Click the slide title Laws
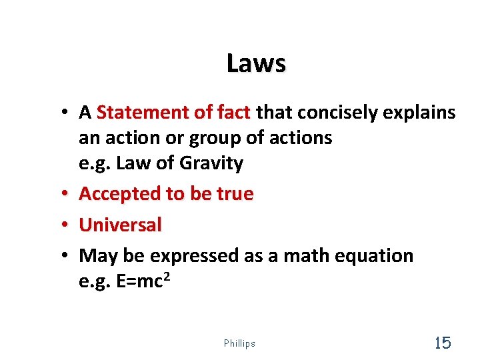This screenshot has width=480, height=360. point(256,64)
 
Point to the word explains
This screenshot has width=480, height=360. point(420,113)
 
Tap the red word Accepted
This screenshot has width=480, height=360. point(120,194)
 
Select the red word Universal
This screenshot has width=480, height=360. point(120,225)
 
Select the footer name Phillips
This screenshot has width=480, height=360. point(240,344)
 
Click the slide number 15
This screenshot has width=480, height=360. point(443,343)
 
